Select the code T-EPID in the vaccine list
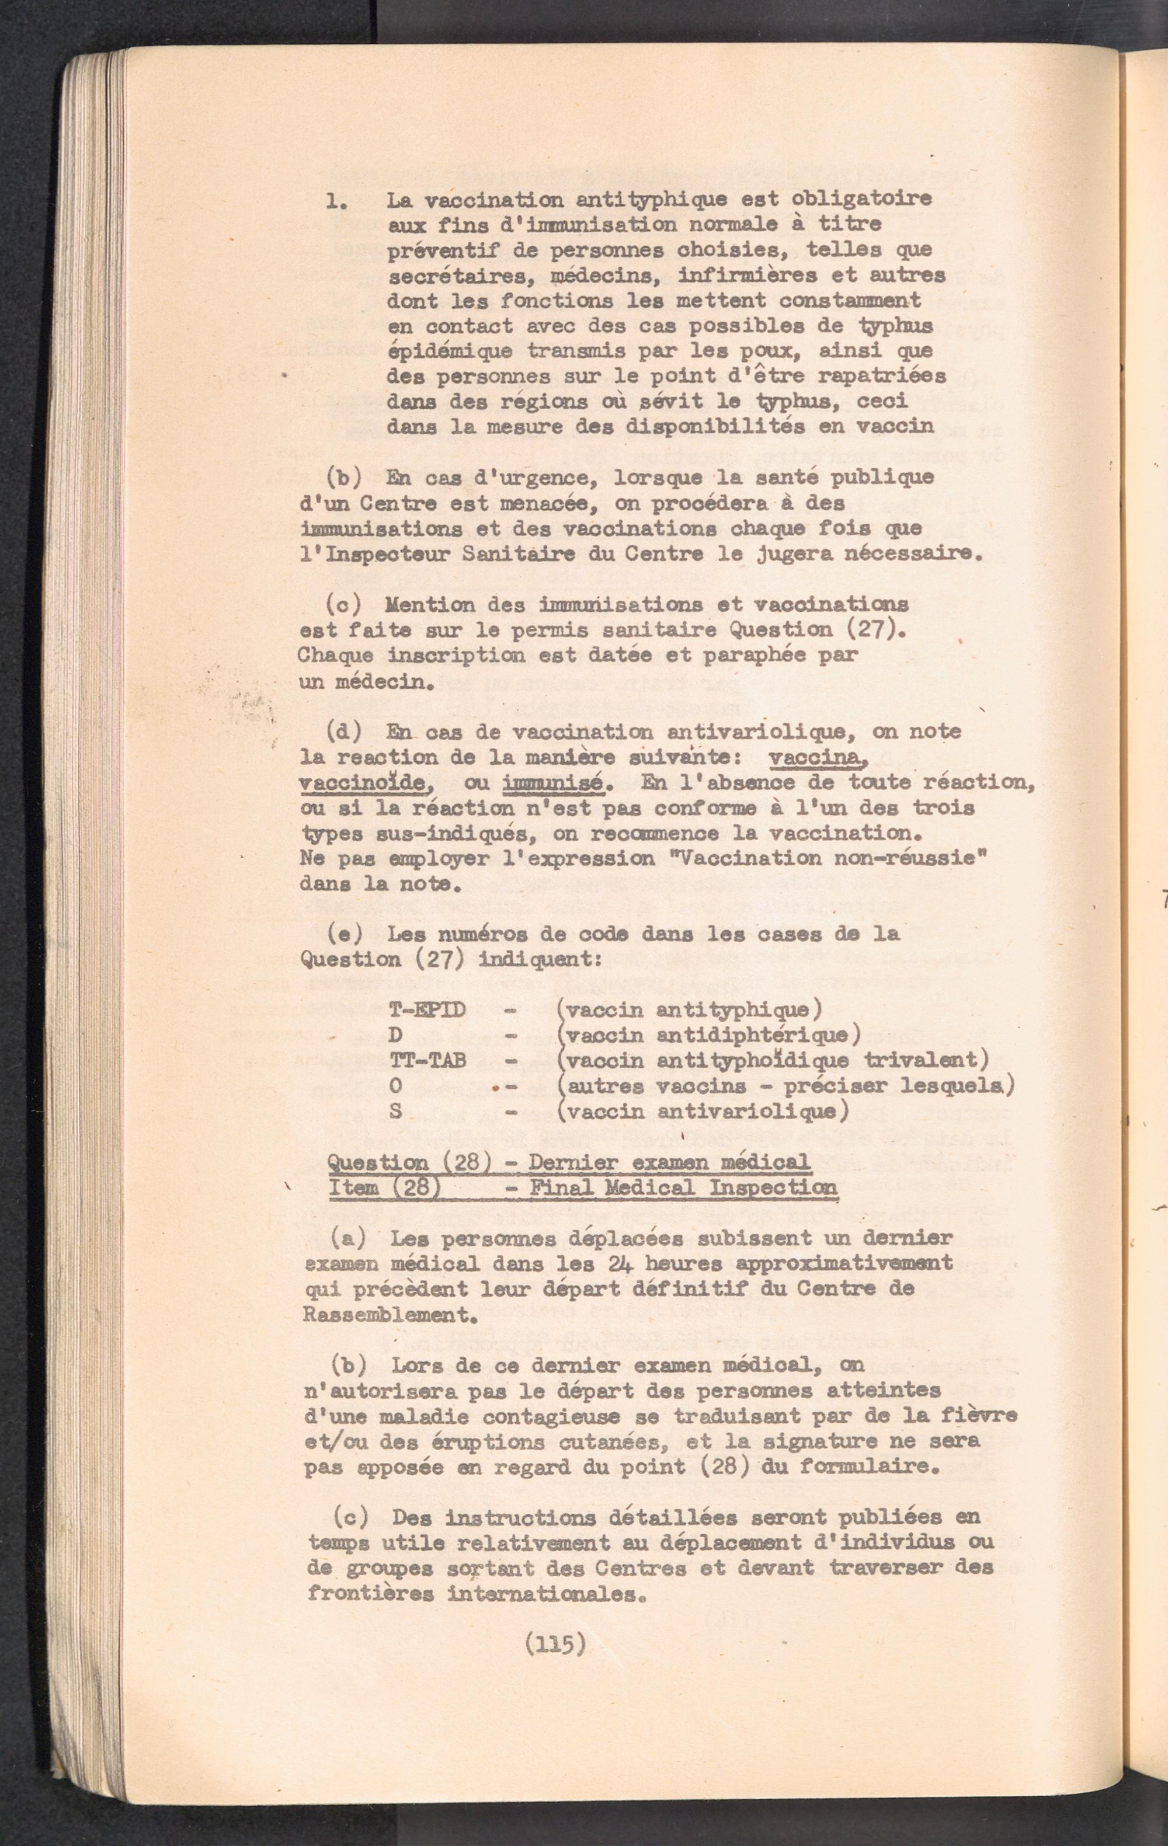coord(427,1009)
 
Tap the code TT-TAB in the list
coord(428,1060)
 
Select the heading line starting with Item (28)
coord(583,1188)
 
